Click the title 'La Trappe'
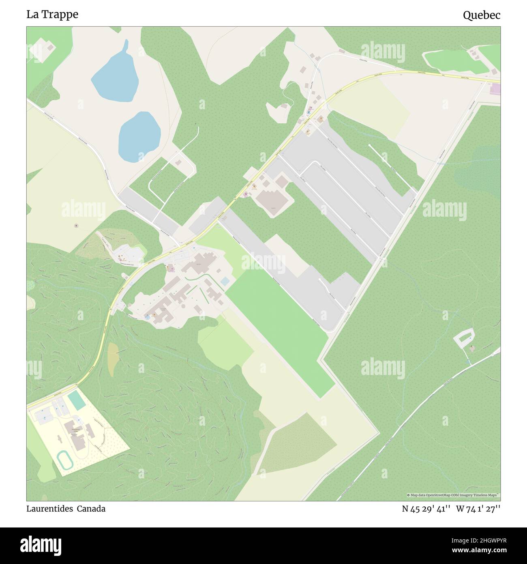pos(52,15)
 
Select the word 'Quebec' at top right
pos(481,15)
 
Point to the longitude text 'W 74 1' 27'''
pos(478,509)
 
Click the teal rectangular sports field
pos(77,400)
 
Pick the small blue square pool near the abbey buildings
pos(225,281)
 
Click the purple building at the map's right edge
pos(496,89)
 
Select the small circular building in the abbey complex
pos(183,305)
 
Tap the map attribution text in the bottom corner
pos(453,495)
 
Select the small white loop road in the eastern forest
pos(464,338)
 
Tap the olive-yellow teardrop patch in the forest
pos(112,359)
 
